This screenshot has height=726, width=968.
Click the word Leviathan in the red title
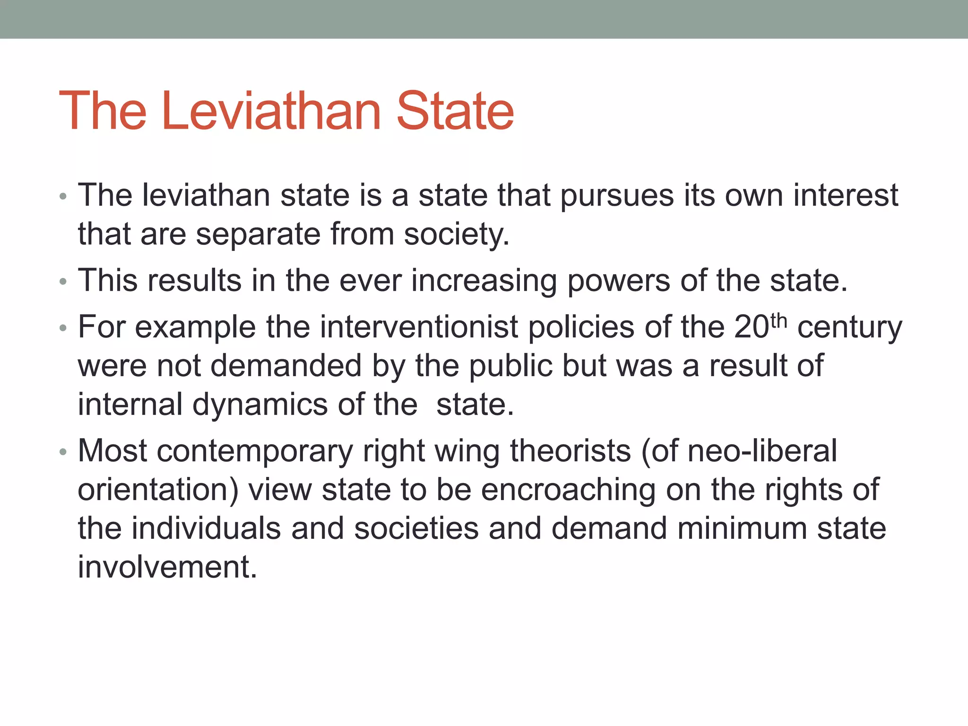pos(271,112)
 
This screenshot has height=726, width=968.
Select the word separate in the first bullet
pos(258,234)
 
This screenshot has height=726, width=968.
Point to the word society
pos(457,235)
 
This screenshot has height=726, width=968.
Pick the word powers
pos(618,281)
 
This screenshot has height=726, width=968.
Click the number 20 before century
pos(752,327)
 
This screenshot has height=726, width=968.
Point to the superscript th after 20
pos(778,321)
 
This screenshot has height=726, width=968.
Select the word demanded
pos(286,366)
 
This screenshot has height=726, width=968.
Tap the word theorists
pos(570,451)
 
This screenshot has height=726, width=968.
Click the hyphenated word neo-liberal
pos(762,451)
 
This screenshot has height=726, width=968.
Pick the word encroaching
pos(568,490)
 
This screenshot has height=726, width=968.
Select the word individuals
pos(206,528)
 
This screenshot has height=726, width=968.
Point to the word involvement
pos(167,567)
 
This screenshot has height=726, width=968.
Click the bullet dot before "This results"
pos(63,282)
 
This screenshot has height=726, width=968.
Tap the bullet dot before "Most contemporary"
pos(63,452)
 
